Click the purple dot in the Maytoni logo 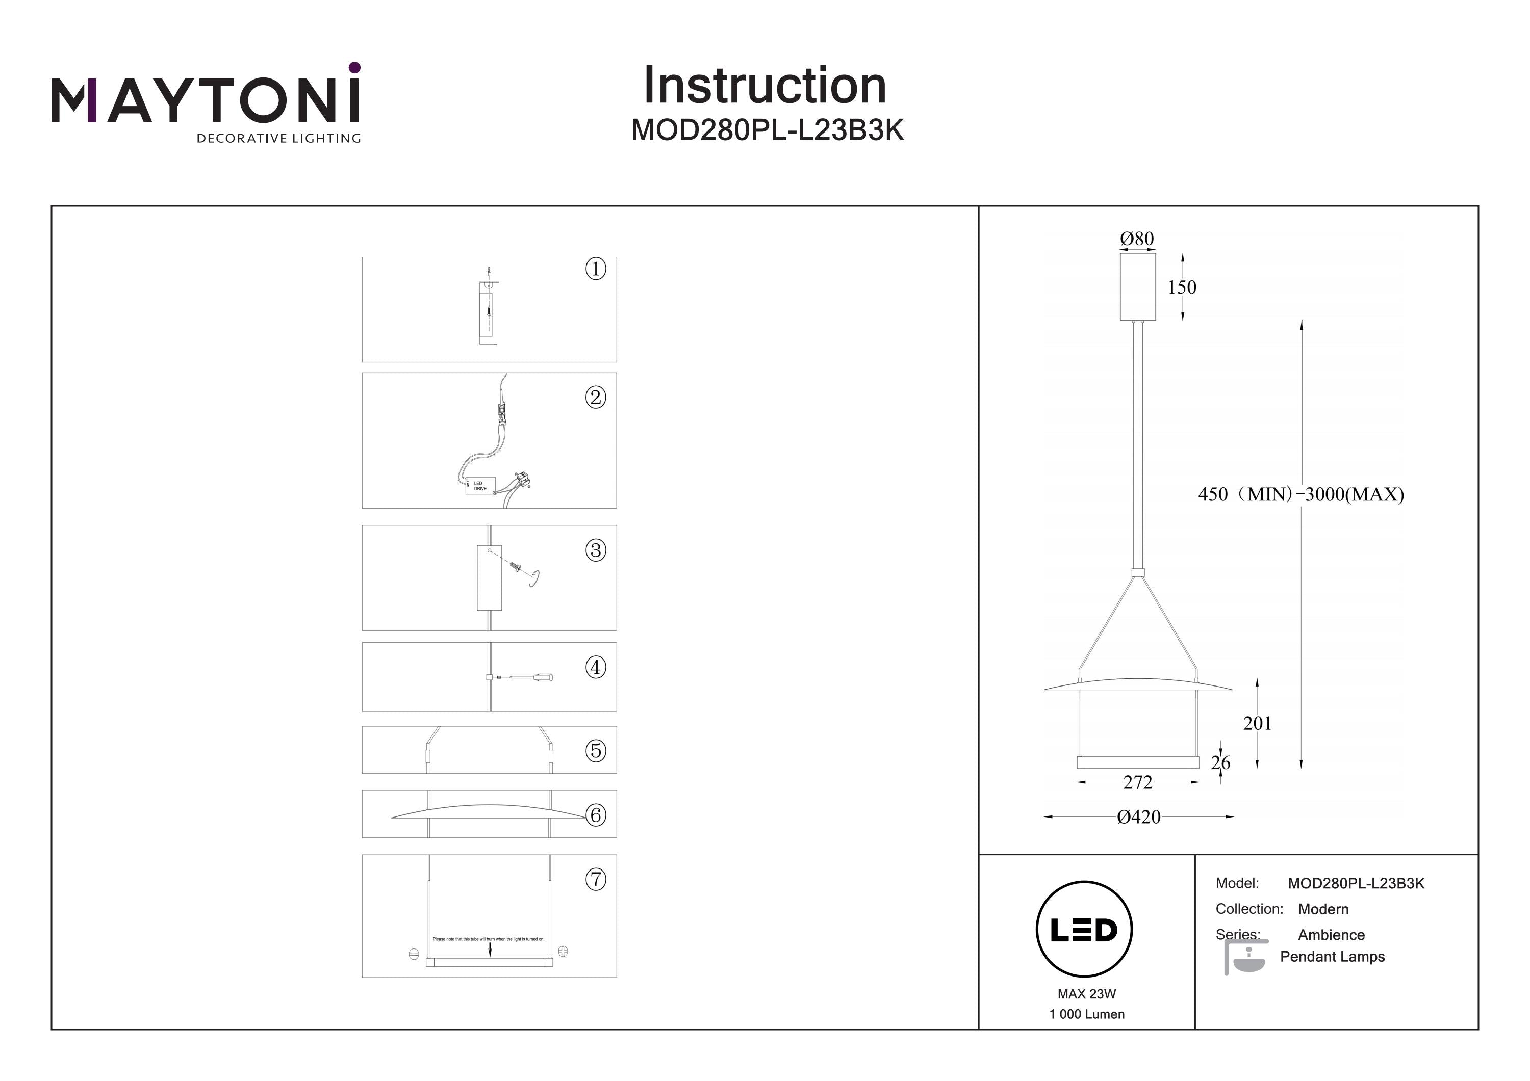tap(354, 67)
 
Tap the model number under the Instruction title tap(767, 130)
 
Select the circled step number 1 tap(595, 269)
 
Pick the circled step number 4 tap(595, 667)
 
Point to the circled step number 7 tap(595, 879)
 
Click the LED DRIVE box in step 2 tap(480, 486)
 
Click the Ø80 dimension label tap(1137, 239)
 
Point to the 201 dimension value tap(1257, 723)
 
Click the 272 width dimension tap(1137, 783)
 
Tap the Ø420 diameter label tap(1138, 817)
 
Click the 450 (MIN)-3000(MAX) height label tap(1300, 494)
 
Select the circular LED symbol tap(1084, 930)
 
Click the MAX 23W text tap(1086, 994)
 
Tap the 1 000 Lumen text tap(1086, 1014)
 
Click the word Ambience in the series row tap(1331, 935)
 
